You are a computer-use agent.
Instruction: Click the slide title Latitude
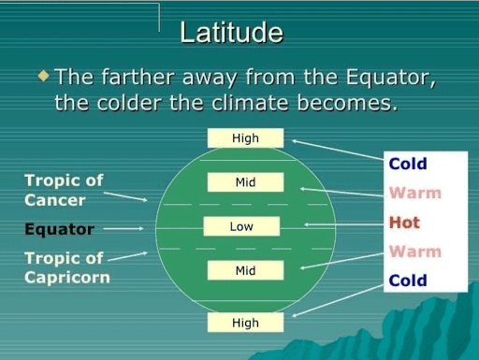click(x=231, y=33)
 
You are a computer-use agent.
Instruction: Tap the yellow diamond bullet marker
click(x=43, y=74)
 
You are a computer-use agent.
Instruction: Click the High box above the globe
click(x=245, y=138)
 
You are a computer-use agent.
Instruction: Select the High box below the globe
click(x=245, y=323)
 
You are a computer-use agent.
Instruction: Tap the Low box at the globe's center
click(x=241, y=226)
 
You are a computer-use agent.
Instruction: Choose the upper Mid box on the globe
click(x=245, y=182)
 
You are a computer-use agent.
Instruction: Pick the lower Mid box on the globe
click(x=245, y=270)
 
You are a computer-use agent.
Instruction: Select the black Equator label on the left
click(x=59, y=229)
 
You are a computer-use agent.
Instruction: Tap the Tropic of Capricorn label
click(x=66, y=267)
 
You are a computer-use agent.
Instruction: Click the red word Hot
click(x=404, y=223)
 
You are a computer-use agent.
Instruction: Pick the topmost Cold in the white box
click(x=408, y=165)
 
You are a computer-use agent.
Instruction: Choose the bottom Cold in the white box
click(x=408, y=281)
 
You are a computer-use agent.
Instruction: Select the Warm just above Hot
click(x=414, y=194)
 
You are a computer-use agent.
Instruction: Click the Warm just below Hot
click(x=414, y=252)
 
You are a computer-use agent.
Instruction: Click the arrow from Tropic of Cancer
click(x=124, y=196)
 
